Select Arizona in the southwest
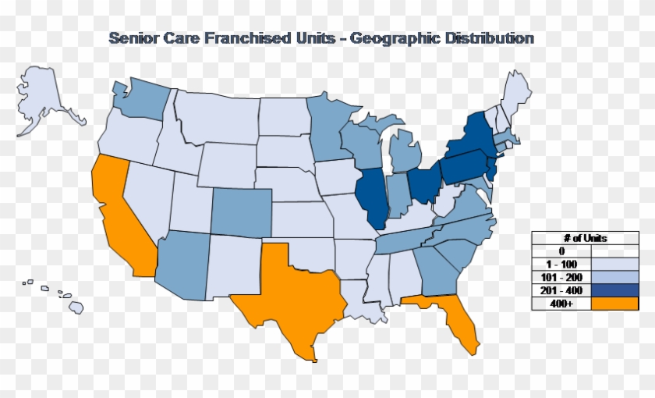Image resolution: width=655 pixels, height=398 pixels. click(182, 265)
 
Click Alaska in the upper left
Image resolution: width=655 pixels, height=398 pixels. click(47, 98)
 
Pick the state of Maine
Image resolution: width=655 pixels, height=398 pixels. click(515, 94)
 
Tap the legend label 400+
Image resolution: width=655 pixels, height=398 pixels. click(561, 304)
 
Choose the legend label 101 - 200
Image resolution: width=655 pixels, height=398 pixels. click(561, 277)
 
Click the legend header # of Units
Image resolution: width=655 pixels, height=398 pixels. click(585, 237)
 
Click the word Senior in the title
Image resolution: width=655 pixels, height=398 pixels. click(132, 38)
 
